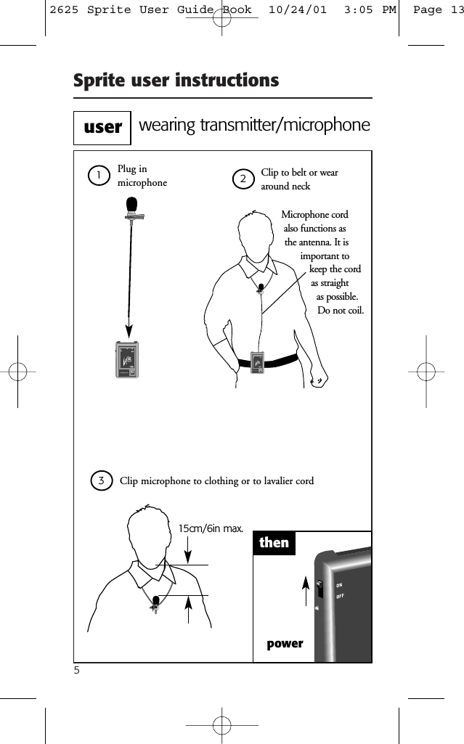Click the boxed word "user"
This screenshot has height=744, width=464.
102,128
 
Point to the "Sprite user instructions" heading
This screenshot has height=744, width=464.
176,81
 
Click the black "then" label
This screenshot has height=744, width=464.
274,543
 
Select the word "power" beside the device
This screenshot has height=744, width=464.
285,644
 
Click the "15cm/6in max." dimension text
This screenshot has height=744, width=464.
211,528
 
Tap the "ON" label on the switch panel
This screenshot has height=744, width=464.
339,585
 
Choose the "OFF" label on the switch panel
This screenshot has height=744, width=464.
341,597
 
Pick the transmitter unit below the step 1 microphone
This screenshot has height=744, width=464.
127,360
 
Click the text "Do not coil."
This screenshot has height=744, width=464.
341,311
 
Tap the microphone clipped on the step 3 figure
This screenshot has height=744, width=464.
155,602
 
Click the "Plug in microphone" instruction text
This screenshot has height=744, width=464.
142,176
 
